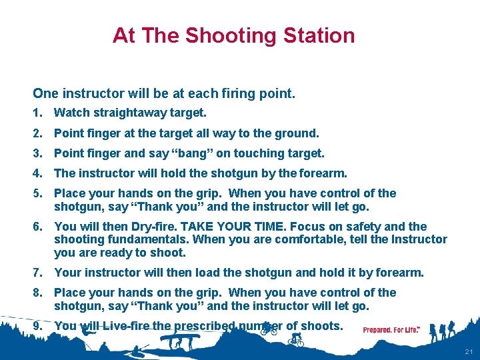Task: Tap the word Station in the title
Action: pos(319,35)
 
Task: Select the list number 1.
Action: pos(37,113)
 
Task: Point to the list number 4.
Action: pos(37,173)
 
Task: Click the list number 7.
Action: pos(37,273)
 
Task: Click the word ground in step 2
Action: pos(297,133)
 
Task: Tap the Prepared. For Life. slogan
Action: pos(391,330)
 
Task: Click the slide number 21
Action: pos(469,351)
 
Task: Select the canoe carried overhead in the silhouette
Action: pos(180,337)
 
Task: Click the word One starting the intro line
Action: pos(45,93)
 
